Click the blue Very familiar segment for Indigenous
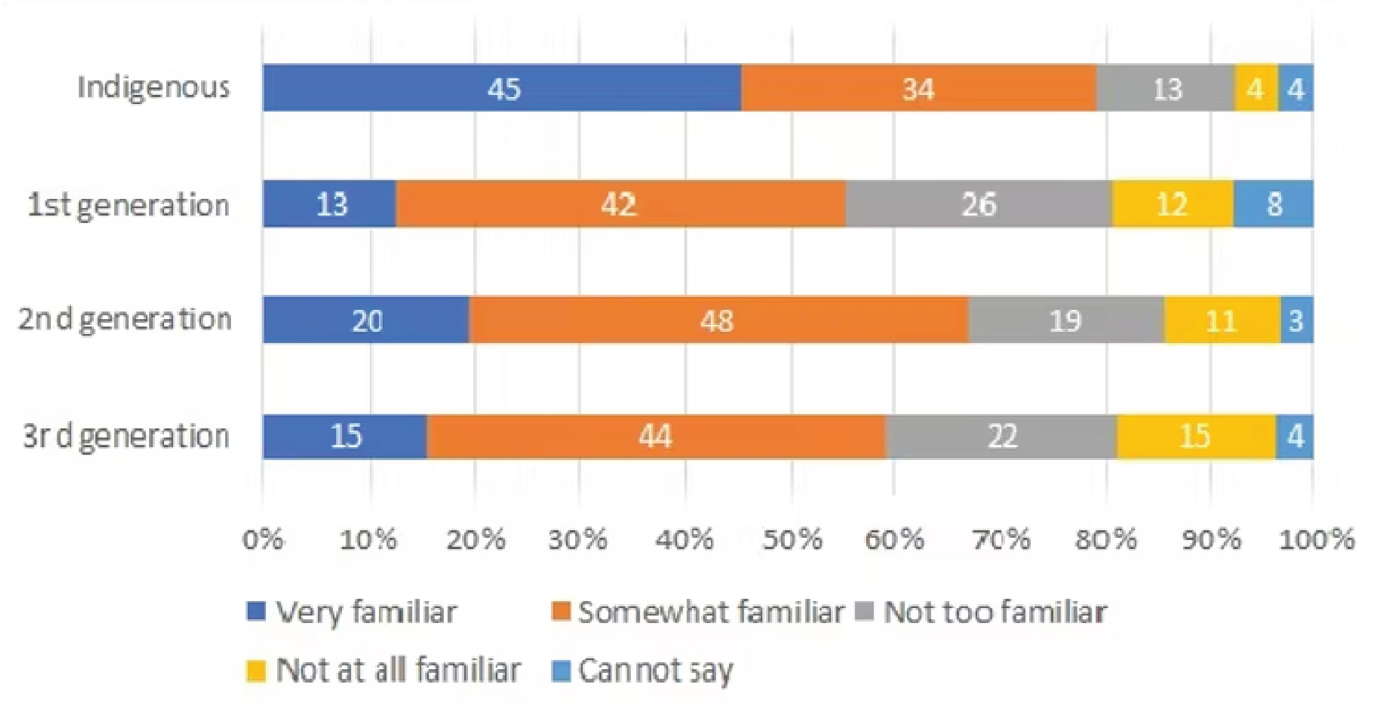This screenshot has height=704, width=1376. tap(502, 88)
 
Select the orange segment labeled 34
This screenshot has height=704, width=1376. tap(919, 88)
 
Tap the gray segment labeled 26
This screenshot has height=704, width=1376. tap(979, 204)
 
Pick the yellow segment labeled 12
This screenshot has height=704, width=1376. tap(1172, 204)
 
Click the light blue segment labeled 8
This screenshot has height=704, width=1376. tap(1274, 204)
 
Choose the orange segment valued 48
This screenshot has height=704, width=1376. tap(718, 320)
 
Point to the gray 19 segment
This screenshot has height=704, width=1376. tap(1066, 320)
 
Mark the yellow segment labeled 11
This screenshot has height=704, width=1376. tap(1222, 320)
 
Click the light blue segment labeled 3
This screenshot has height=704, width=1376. tap(1296, 320)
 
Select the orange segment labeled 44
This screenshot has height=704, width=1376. tap(656, 436)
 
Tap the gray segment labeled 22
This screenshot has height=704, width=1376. tap(1001, 436)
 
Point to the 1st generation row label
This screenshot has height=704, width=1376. tap(129, 205)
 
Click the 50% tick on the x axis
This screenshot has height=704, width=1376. tap(792, 539)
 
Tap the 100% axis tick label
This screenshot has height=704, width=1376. tap(1317, 539)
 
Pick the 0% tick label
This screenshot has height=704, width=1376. tap(263, 539)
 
